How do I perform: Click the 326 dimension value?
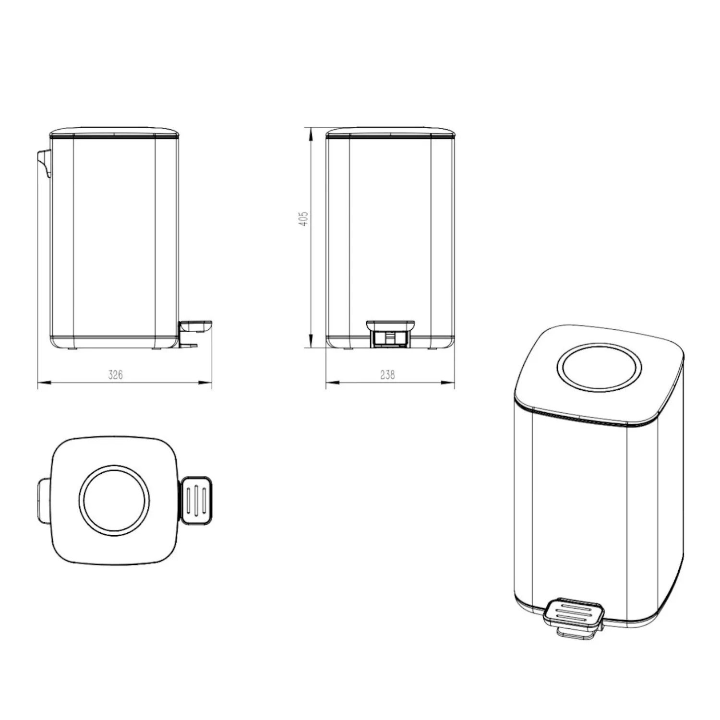click(115, 374)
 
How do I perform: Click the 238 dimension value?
click(387, 374)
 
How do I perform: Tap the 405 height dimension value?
click(303, 218)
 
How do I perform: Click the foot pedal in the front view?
click(390, 333)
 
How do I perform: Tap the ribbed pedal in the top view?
click(196, 500)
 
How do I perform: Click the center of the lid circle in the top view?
click(114, 501)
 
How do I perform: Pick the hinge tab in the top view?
click(44, 500)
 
